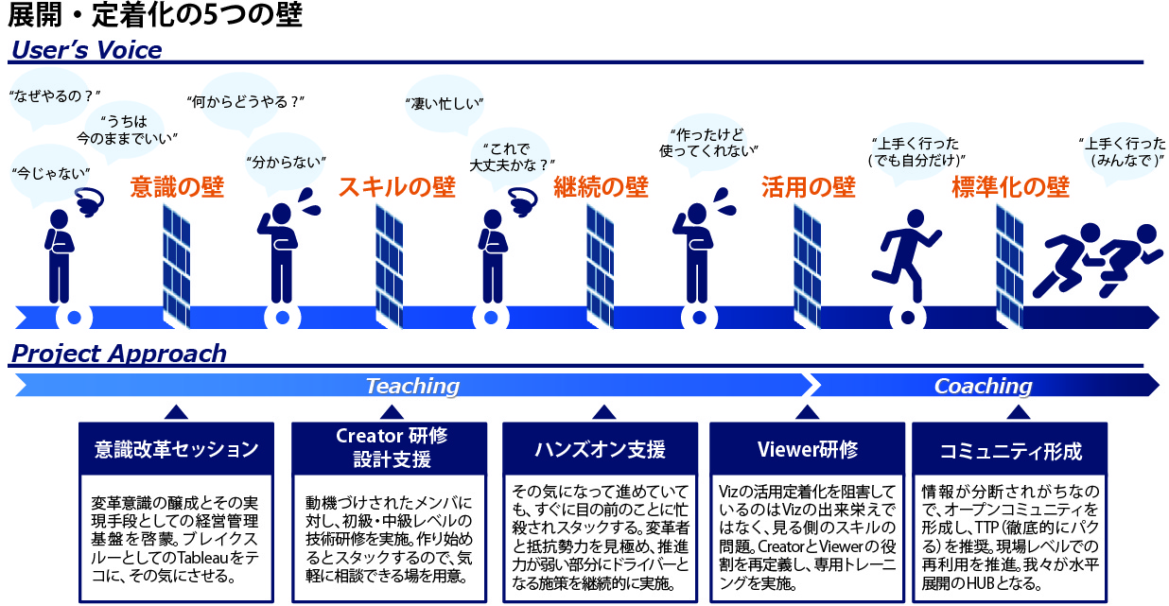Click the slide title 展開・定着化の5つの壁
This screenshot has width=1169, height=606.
point(156,16)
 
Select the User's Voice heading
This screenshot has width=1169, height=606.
point(86,50)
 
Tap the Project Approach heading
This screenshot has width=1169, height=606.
point(118,354)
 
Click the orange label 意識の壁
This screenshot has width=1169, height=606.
point(177,187)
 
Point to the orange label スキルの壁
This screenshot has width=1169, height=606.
point(396,187)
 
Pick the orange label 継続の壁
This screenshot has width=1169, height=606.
point(602,187)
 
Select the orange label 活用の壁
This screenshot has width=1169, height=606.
point(809,187)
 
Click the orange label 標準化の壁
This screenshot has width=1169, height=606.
point(1010,187)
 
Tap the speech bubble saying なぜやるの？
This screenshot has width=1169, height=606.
point(54,95)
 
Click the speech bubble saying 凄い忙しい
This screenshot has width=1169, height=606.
point(444,102)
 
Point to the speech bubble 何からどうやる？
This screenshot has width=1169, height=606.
point(247,100)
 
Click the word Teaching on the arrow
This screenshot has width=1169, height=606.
point(412,386)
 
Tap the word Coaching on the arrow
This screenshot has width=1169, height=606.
point(983,386)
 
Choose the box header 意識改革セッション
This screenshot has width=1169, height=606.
point(176,450)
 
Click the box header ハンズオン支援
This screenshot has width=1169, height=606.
point(602,449)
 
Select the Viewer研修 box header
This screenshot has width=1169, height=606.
point(807,449)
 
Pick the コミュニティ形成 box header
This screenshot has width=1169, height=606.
point(1010,450)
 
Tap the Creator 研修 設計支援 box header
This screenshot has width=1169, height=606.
point(391,448)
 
